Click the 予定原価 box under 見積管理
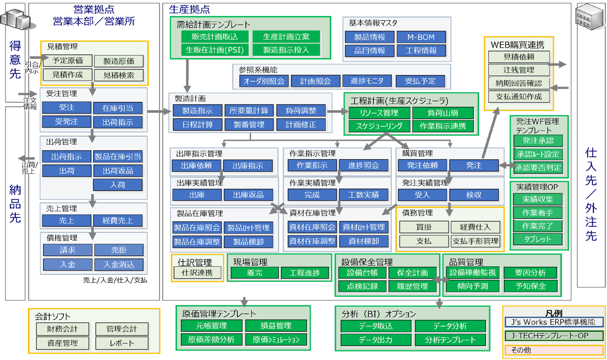tap(67, 61)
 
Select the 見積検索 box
tap(119, 75)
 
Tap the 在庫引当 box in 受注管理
tap(117, 108)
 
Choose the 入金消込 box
tap(119, 265)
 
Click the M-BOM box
tap(421, 37)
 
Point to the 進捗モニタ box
tap(367, 81)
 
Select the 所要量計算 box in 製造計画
tap(249, 111)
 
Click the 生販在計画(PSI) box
tap(214, 50)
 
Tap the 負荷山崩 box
tap(443, 113)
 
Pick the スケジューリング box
tap(379, 126)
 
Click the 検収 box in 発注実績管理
tap(474, 195)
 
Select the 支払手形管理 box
tap(475, 241)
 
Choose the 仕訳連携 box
tap(197, 273)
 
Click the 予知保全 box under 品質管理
tap(530, 286)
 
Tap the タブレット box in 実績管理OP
tap(537, 239)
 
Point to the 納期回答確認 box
tap(518, 83)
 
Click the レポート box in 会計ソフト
tap(122, 343)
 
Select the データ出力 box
tap(376, 340)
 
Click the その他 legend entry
tap(554, 350)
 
